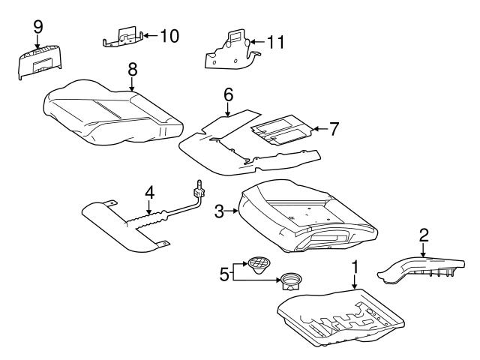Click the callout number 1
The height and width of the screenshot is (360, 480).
(355, 268)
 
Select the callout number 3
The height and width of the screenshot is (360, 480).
(220, 212)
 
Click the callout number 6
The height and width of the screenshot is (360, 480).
(229, 94)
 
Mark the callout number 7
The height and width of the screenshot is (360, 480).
(334, 128)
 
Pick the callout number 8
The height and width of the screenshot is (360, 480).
(132, 69)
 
